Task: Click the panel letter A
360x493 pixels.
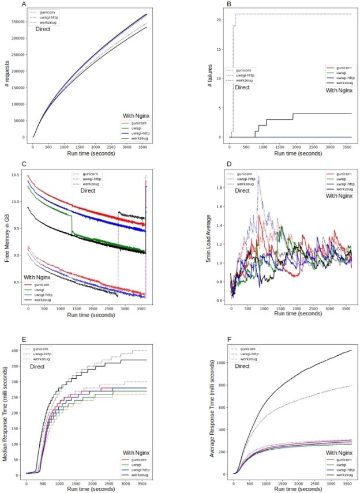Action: [24, 5]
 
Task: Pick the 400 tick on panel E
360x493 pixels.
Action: [18, 350]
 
